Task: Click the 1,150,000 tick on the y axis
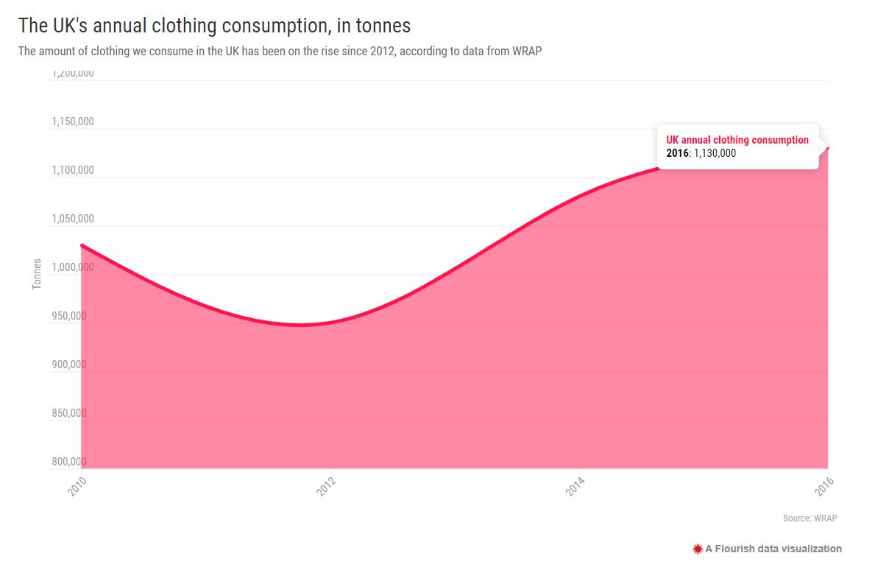coord(73,121)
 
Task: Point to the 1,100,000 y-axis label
coord(73,170)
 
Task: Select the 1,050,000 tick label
coord(73,219)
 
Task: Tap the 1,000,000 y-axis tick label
coord(73,267)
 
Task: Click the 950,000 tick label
coord(69,316)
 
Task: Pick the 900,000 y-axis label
coord(69,364)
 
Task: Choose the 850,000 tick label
coord(69,413)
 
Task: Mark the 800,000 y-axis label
coord(69,462)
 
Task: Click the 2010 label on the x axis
coord(77,486)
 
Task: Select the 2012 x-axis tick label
coord(326,486)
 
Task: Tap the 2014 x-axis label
coord(575,486)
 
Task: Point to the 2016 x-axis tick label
coord(823,486)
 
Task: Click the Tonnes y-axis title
coord(37,274)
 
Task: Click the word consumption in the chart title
coord(274,26)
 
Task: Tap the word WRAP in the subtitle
coord(527,52)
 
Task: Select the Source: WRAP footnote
coord(810,518)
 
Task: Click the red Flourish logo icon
coord(697,549)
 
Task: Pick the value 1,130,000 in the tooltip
coord(715,154)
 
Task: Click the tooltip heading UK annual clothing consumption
coord(737,140)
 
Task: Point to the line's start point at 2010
coord(82,244)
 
